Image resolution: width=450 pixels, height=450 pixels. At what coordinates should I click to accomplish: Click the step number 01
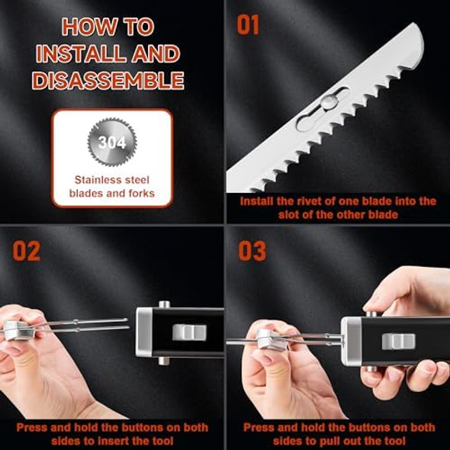pos(249,24)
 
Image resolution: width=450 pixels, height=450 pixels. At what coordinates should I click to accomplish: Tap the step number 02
pos(26,251)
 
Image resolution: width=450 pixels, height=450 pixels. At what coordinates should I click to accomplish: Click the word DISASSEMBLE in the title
pos(112,80)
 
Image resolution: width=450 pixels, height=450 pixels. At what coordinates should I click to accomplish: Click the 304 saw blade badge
pos(111,143)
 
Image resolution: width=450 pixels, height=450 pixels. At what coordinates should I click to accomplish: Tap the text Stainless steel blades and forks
pos(111,187)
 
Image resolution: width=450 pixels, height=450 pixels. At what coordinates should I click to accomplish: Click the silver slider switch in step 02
pos(190,333)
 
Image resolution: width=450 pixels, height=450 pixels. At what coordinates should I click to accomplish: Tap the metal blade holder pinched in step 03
pos(270,339)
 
